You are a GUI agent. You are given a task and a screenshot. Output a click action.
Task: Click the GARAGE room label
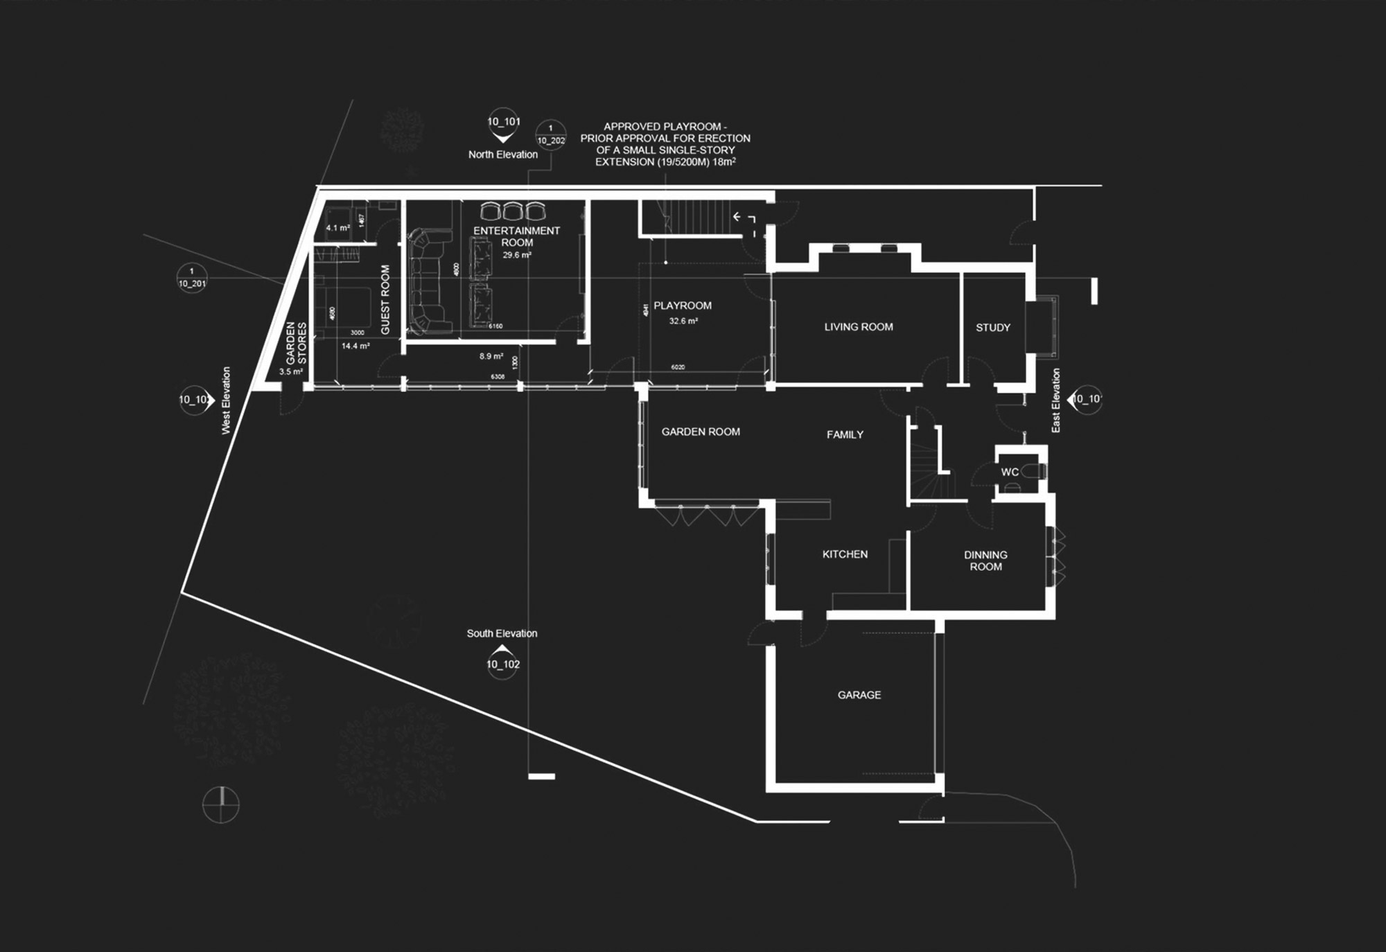[859, 695]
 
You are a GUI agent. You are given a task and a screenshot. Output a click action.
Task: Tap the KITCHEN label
[845, 554]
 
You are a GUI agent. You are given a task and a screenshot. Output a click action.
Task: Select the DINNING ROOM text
[985, 561]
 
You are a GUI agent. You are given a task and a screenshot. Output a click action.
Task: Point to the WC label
[1010, 472]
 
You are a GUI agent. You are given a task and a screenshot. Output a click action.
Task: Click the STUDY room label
[992, 328]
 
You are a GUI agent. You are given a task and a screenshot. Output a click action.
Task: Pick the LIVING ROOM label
[859, 327]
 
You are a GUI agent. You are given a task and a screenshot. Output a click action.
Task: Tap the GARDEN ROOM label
[701, 432]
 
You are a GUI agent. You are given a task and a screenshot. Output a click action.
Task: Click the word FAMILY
[845, 434]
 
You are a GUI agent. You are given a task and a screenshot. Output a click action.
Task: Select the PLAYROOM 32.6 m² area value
[683, 321]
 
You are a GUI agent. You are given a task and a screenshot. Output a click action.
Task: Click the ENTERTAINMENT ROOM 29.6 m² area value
[517, 255]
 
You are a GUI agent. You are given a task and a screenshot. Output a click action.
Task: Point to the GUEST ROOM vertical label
[385, 299]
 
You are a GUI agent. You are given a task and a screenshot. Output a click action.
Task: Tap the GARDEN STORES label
[296, 343]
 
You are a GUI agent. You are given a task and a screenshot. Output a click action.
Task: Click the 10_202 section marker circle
[551, 135]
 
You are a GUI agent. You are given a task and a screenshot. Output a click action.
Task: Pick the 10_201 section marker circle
[192, 278]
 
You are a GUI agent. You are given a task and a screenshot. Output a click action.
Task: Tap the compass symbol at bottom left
[221, 805]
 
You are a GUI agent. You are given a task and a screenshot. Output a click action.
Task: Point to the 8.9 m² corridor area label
[491, 356]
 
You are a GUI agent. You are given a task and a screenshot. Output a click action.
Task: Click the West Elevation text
[226, 400]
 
